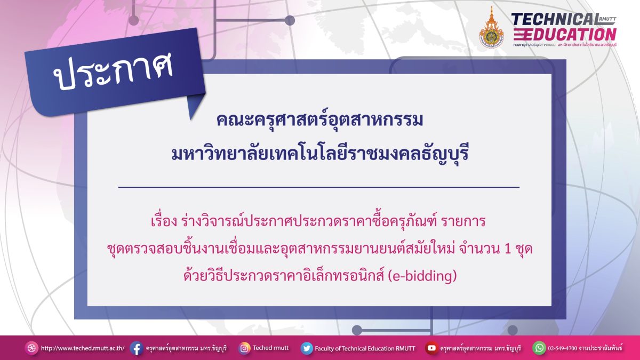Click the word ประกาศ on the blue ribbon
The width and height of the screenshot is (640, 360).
(113, 71)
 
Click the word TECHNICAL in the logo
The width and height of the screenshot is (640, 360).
(555, 19)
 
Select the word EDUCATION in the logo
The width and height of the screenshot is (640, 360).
(565, 34)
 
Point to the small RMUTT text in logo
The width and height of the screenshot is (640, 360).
(608, 19)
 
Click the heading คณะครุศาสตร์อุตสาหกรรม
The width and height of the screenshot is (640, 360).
(319, 120)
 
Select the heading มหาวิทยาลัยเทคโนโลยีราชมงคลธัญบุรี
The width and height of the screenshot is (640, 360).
(319, 154)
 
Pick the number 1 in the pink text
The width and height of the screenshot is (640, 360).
(507, 249)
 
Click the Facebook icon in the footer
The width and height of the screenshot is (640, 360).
(137, 349)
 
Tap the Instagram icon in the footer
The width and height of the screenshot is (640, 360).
(244, 349)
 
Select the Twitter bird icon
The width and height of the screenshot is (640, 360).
(307, 349)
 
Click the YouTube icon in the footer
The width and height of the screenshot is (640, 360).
(431, 348)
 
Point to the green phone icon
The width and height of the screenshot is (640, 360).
(539, 348)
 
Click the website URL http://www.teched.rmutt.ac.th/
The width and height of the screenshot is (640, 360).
(83, 348)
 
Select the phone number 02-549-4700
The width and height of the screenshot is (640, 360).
(563, 348)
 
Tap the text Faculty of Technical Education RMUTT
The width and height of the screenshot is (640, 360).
(365, 349)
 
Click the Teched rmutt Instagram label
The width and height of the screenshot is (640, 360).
(271, 348)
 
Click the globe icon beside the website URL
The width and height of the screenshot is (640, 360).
(31, 348)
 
